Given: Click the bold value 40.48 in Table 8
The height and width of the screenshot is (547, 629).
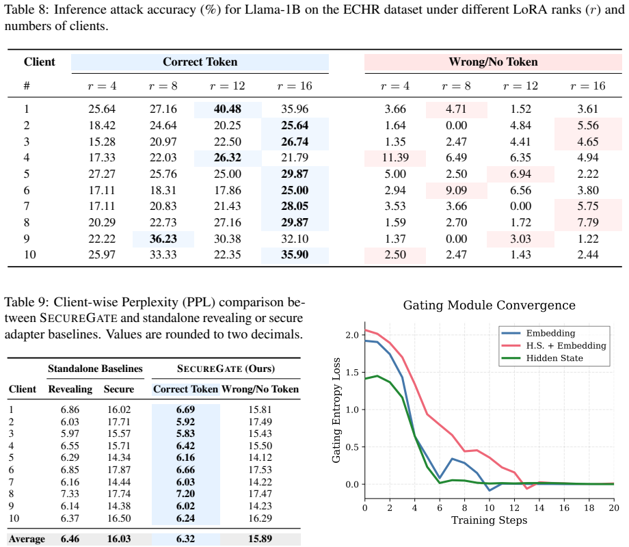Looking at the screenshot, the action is tap(228, 109).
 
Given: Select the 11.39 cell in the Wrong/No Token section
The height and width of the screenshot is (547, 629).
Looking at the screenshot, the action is tap(395, 158).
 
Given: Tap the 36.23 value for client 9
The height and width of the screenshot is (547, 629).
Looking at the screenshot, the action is tap(163, 239).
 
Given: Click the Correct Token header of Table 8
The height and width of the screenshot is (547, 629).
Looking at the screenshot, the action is tap(200, 62).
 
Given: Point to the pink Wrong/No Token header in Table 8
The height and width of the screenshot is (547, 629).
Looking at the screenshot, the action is tap(493, 62).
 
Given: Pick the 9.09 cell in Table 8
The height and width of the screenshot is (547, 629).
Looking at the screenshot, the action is tap(456, 190).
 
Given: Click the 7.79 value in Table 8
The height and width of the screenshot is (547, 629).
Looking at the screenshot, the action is tap(588, 222).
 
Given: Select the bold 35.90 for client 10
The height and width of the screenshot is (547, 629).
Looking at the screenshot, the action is tap(295, 255).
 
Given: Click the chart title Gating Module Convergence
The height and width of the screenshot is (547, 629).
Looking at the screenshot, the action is tap(489, 306).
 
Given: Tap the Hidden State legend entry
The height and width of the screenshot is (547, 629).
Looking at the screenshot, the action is tap(554, 358).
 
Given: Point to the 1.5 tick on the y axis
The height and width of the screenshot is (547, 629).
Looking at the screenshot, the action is tap(352, 373).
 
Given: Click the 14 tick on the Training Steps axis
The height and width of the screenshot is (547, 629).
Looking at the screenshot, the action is tap(539, 507).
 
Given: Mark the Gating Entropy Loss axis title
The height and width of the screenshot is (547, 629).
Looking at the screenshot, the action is tap(336, 410).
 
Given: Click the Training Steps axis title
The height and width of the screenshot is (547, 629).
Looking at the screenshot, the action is tap(489, 520).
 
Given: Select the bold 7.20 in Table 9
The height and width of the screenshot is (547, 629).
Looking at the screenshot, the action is tap(185, 494).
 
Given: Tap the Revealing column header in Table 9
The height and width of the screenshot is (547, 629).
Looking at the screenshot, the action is tap(70, 389).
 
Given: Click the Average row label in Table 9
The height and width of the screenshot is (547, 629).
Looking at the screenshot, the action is tap(27, 539).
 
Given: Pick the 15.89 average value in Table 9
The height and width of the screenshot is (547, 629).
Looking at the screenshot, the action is tap(260, 539).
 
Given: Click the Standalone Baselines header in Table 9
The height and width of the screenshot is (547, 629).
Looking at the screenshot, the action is tap(95, 369).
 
